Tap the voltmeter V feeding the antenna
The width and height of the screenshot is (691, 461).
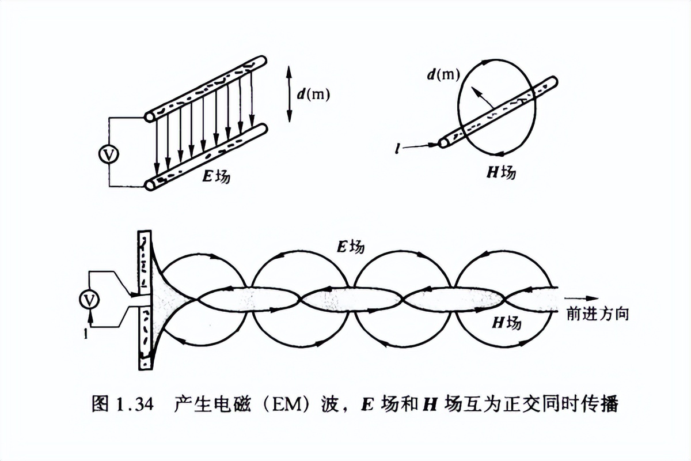pyautogui.click(x=89, y=299)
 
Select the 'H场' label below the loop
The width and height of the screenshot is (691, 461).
pyautogui.click(x=501, y=172)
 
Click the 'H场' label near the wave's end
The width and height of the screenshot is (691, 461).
pyautogui.click(x=507, y=323)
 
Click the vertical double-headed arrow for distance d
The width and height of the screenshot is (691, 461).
pyautogui.click(x=289, y=94)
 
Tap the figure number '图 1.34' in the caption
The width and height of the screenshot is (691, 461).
pyautogui.click(x=122, y=405)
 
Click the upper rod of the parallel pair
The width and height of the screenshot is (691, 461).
pyautogui.click(x=206, y=87)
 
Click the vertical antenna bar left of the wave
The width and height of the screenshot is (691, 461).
pyautogui.click(x=145, y=300)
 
